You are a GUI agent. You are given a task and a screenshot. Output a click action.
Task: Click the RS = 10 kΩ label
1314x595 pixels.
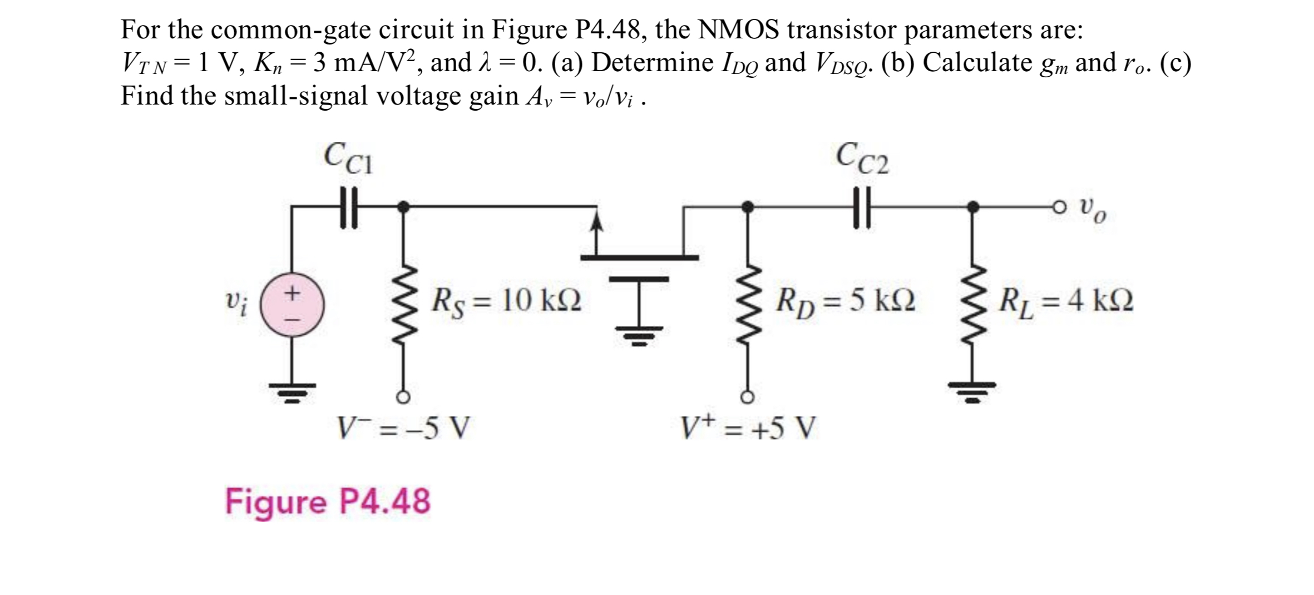(x=507, y=301)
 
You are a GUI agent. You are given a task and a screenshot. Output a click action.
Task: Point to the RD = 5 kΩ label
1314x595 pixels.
(x=846, y=301)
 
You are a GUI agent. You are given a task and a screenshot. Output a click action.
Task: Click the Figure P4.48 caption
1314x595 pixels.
(x=328, y=501)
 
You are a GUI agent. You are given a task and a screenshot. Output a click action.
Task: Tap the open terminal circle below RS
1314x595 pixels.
(x=404, y=397)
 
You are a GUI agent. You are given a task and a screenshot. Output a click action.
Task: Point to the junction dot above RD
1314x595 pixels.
(x=749, y=207)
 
